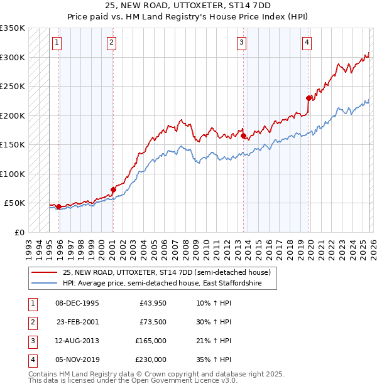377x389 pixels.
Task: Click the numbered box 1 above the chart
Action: point(57,43)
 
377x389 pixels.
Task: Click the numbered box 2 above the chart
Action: point(111,43)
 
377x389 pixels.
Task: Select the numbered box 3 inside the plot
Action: point(241,43)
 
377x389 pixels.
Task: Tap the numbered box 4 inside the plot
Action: point(307,43)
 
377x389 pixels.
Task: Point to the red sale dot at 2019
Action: point(309,98)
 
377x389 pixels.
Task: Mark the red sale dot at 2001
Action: point(113,189)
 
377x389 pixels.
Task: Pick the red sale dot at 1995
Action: point(58,206)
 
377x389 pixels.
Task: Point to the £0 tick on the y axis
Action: point(20,232)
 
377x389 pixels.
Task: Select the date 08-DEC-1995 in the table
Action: point(77,303)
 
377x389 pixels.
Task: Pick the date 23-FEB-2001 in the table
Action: point(77,322)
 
